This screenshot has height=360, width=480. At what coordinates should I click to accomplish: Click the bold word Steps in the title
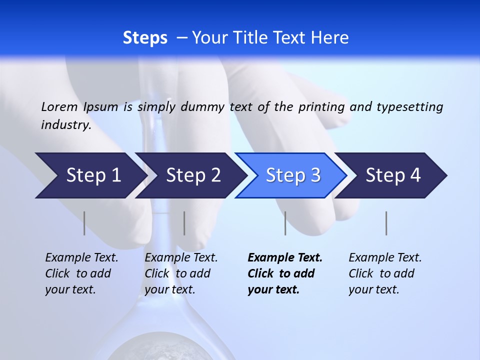tap(145, 38)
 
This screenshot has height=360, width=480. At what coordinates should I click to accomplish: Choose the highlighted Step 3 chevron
tap(293, 175)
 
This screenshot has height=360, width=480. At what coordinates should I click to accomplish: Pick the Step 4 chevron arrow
tap(393, 175)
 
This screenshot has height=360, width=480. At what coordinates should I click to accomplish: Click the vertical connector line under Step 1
tap(84, 223)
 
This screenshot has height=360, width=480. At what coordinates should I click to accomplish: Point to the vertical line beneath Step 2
tap(184, 223)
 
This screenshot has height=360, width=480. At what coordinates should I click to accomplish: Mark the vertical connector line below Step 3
tap(285, 223)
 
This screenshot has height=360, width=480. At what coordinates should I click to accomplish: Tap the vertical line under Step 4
tap(386, 223)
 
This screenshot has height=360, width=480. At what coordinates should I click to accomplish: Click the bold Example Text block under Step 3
tap(285, 273)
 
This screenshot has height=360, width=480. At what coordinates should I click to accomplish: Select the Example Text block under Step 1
tap(82, 273)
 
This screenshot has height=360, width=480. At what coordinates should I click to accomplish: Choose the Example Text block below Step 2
tap(181, 273)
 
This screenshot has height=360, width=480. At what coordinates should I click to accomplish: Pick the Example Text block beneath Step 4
tap(385, 273)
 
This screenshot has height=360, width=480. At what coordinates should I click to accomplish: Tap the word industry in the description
tap(65, 125)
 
